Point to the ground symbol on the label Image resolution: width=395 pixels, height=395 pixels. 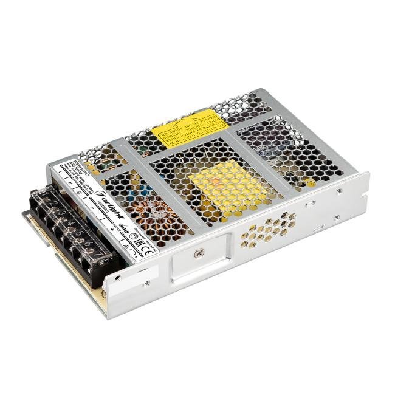[77, 190]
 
